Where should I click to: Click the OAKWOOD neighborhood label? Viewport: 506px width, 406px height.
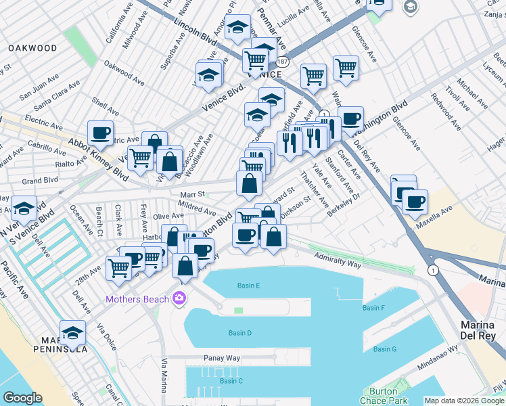pyautogui.click(x=32, y=48)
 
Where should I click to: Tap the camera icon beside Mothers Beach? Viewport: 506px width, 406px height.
pyautogui.click(x=179, y=298)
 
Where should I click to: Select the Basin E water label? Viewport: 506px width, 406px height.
pyautogui.click(x=248, y=286)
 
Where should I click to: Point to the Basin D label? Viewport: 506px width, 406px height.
pyautogui.click(x=239, y=333)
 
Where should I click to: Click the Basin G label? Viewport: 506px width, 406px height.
pyautogui.click(x=384, y=349)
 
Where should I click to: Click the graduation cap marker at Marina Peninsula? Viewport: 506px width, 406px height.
pyautogui.click(x=72, y=332)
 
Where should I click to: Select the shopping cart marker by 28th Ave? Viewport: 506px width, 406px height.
pyautogui.click(x=119, y=267)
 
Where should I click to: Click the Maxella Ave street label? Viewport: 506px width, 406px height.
pyautogui.click(x=438, y=215)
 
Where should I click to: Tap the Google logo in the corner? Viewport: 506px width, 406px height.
pyautogui.click(x=22, y=398)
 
